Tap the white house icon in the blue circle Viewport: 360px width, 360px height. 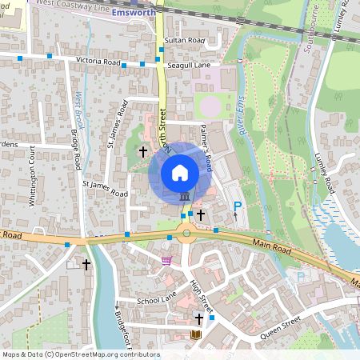pos(179,172)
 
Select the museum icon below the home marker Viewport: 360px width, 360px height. pos(185,197)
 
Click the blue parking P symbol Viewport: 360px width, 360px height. pos(236,208)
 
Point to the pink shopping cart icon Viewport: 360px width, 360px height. pos(166,259)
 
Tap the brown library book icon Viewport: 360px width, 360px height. pos(194,334)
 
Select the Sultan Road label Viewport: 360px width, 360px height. pos(184,39)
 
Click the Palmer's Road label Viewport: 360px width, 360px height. pos(205,153)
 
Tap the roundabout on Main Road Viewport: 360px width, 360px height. pos(186,235)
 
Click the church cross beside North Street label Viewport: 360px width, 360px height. pos(143,150)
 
